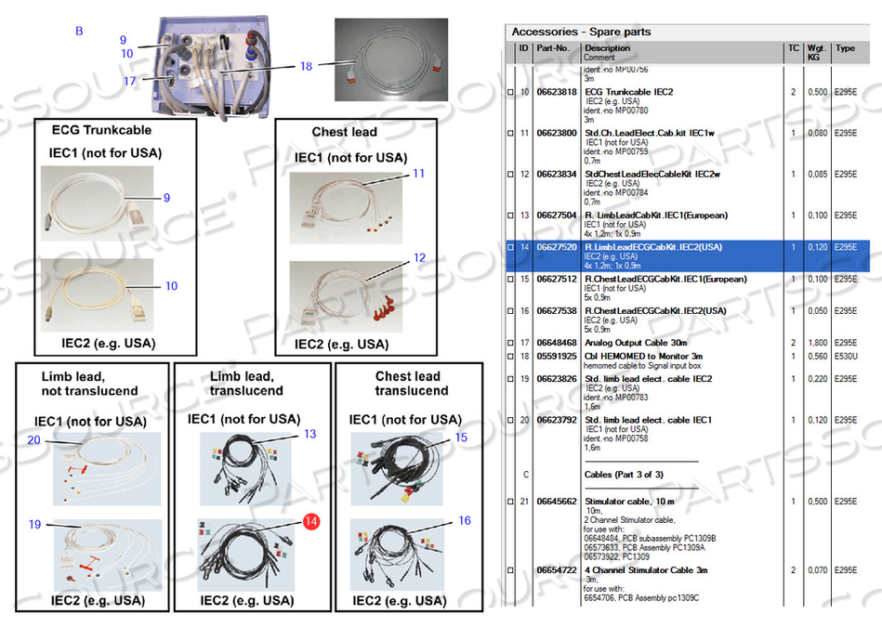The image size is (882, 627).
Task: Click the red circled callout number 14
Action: pos(310,522)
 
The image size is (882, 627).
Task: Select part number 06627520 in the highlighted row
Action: pos(556,247)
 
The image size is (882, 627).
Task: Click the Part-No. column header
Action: pos(552,48)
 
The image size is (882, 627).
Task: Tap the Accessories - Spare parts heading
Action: pos(581,32)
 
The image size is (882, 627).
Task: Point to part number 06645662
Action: pos(556,502)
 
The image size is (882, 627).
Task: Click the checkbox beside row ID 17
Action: pos(510,343)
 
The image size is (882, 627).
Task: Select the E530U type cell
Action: pos(845,356)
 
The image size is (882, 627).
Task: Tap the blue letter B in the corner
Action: pos(79,32)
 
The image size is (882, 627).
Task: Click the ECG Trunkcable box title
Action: pos(101,130)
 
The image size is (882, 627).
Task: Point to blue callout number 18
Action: pos(307,66)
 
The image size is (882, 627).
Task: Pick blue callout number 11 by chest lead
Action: pos(418,174)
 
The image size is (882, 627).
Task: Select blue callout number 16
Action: pos(465,521)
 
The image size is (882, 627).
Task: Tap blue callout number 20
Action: pos(33,440)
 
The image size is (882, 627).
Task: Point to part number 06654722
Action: pos(556,569)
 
